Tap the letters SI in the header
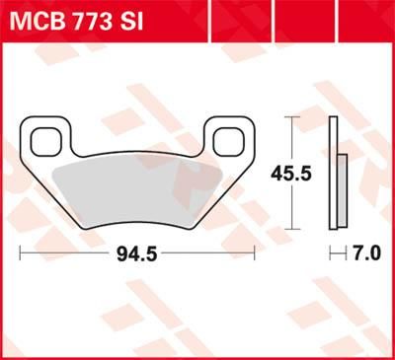(132, 20)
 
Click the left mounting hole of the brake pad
(46, 142)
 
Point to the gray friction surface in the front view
(138, 192)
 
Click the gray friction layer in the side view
(343, 192)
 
